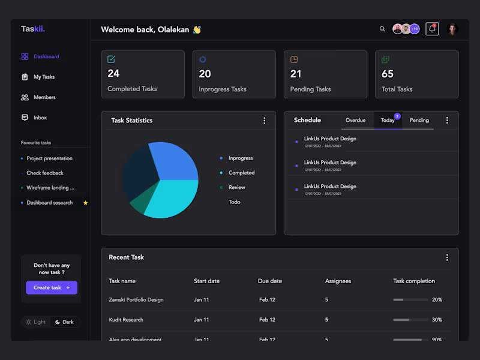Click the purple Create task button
pyautogui.click(x=52, y=288)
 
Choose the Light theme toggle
pyautogui.click(x=35, y=322)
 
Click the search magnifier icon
pyautogui.click(x=383, y=29)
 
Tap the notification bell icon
pyautogui.click(x=432, y=29)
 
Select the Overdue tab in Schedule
pyautogui.click(x=355, y=120)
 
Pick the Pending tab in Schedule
pyautogui.click(x=419, y=120)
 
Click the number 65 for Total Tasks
pyautogui.click(x=388, y=74)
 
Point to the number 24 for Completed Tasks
pyautogui.click(x=113, y=74)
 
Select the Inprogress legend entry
pyautogui.click(x=241, y=158)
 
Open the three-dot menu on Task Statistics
pyautogui.click(x=265, y=121)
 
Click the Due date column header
pyautogui.click(x=270, y=281)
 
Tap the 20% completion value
pyautogui.click(x=437, y=299)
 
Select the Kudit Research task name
pyautogui.click(x=126, y=320)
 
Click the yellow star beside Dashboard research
pyautogui.click(x=86, y=203)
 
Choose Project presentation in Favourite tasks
pyautogui.click(x=49, y=158)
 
